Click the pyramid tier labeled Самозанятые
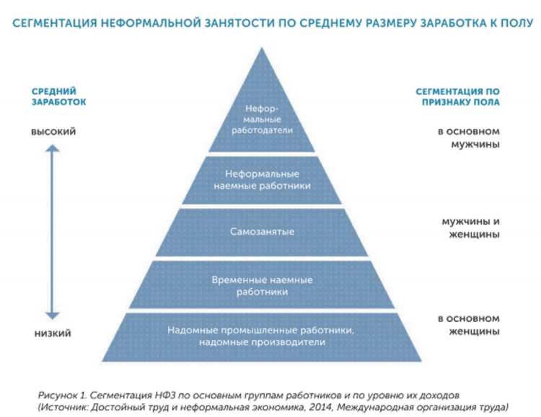[262, 232]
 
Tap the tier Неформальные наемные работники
[262, 180]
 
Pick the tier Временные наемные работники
[262, 284]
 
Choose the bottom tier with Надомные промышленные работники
[262, 337]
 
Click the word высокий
[53, 132]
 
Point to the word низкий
[53, 333]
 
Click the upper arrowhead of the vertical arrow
[53, 148]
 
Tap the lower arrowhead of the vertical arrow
[53, 315]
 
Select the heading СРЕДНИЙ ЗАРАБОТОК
[58, 97]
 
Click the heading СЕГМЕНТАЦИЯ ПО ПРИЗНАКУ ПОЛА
[457, 97]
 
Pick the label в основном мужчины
[469, 138]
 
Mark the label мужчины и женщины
[471, 228]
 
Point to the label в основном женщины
[469, 325]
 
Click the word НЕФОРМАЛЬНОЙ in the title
[151, 24]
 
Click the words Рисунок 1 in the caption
[62, 395]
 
